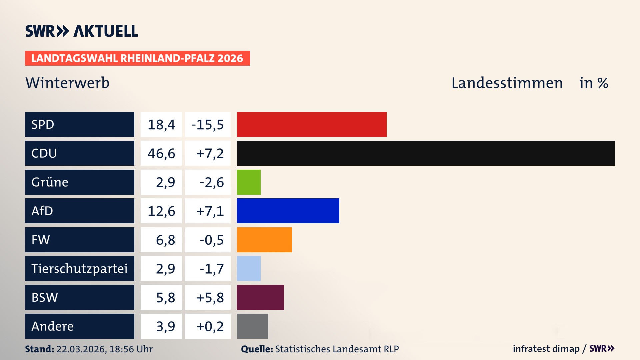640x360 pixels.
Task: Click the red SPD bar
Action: click(x=312, y=124)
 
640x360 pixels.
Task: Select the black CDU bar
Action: click(x=426, y=153)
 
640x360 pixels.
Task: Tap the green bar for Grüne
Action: click(x=249, y=182)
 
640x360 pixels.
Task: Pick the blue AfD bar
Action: click(x=288, y=211)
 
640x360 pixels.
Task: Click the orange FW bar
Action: click(x=264, y=240)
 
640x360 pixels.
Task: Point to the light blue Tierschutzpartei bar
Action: click(x=249, y=268)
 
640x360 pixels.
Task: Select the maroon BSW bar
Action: click(x=260, y=297)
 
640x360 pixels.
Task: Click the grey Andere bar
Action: click(x=252, y=326)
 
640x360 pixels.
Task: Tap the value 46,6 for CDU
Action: click(x=161, y=153)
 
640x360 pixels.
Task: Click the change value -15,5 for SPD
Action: click(x=208, y=125)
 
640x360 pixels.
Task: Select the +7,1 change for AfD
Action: click(x=210, y=211)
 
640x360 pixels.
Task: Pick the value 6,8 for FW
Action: click(x=165, y=240)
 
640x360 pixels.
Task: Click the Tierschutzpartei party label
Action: click(x=79, y=268)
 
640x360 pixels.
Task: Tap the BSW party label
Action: click(x=45, y=297)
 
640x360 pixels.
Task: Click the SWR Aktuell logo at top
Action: click(x=82, y=31)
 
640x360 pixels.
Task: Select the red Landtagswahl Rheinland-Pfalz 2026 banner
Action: click(x=137, y=58)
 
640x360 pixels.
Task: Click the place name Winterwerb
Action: click(x=67, y=83)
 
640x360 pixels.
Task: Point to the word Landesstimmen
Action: click(x=507, y=83)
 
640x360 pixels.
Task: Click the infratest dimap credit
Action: click(x=546, y=349)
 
